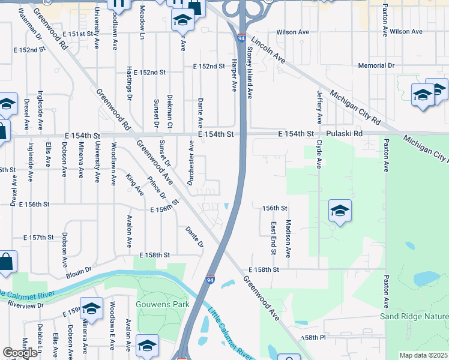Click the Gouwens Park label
(163, 304)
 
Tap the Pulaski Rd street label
(345, 134)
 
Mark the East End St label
(274, 238)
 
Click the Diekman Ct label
(170, 110)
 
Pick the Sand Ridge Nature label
(414, 316)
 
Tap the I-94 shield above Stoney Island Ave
(241, 38)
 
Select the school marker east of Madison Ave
(340, 211)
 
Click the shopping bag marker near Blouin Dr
(6, 262)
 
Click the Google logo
(20, 353)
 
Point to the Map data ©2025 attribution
(423, 355)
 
